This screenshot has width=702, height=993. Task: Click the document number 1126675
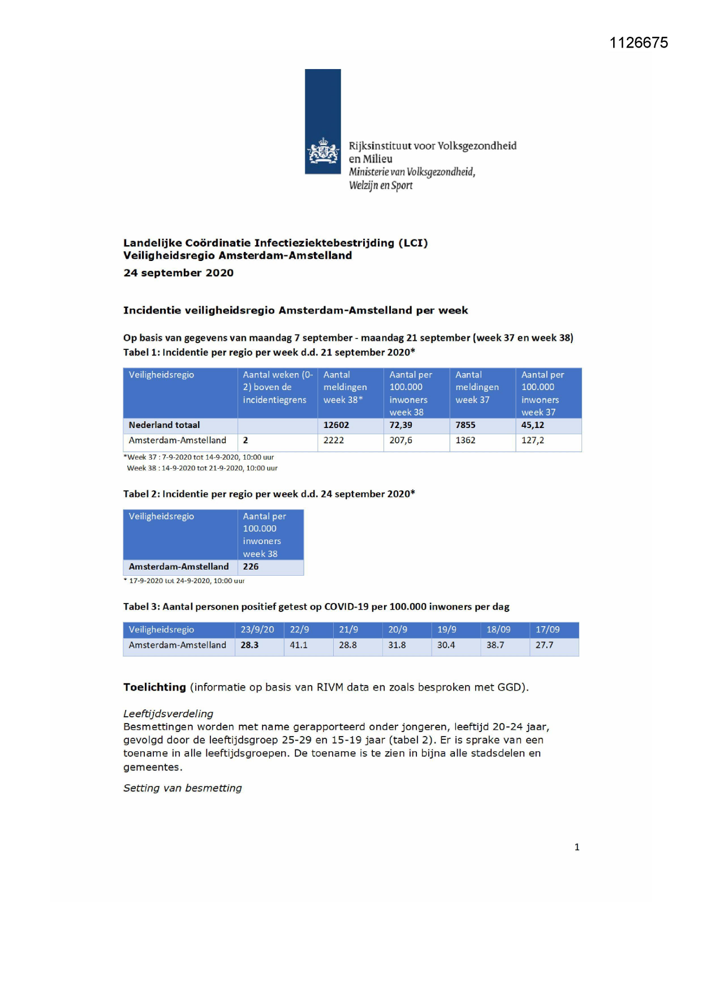(639, 43)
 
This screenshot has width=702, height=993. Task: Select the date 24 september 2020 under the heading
(178, 273)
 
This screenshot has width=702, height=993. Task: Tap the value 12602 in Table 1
(336, 425)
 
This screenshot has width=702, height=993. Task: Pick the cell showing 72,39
(400, 425)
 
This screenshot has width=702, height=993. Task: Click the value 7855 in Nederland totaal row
(466, 425)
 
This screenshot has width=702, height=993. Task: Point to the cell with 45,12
(532, 425)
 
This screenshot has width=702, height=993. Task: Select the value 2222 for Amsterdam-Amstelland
(334, 440)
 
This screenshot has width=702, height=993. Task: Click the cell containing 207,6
(400, 440)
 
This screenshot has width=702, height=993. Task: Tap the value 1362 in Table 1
(466, 440)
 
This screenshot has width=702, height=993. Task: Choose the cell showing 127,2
(532, 440)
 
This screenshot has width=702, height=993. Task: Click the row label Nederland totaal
(164, 425)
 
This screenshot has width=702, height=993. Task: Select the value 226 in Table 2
(251, 567)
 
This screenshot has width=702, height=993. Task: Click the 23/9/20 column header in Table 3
(257, 630)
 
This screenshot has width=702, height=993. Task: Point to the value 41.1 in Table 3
(299, 645)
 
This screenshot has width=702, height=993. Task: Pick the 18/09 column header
(498, 630)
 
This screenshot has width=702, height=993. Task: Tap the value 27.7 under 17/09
(544, 645)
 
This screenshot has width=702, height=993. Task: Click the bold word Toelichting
(154, 687)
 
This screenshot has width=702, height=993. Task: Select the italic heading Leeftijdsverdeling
(168, 714)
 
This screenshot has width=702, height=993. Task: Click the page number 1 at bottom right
(577, 847)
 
